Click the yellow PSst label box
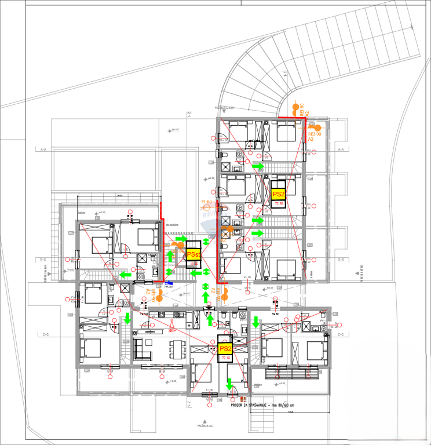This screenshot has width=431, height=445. point(193,254)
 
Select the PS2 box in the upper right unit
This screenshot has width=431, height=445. point(279,194)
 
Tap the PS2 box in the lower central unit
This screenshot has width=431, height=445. point(225,348)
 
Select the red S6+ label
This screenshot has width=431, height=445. point(172,330)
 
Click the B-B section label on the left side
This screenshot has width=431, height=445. point(43,260)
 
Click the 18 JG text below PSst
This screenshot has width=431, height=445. point(193,264)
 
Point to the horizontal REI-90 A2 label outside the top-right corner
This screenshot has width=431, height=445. point(314,136)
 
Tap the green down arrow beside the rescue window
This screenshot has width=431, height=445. point(229,383)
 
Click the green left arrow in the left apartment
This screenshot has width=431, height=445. point(124,273)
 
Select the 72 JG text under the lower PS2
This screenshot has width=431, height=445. point(225,359)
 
